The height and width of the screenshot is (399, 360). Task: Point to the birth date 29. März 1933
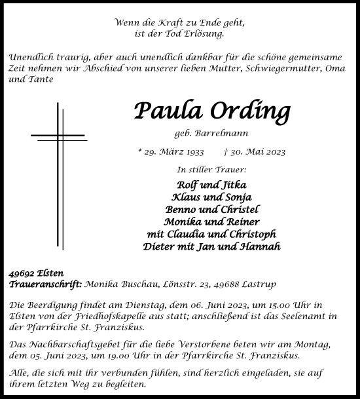172,152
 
